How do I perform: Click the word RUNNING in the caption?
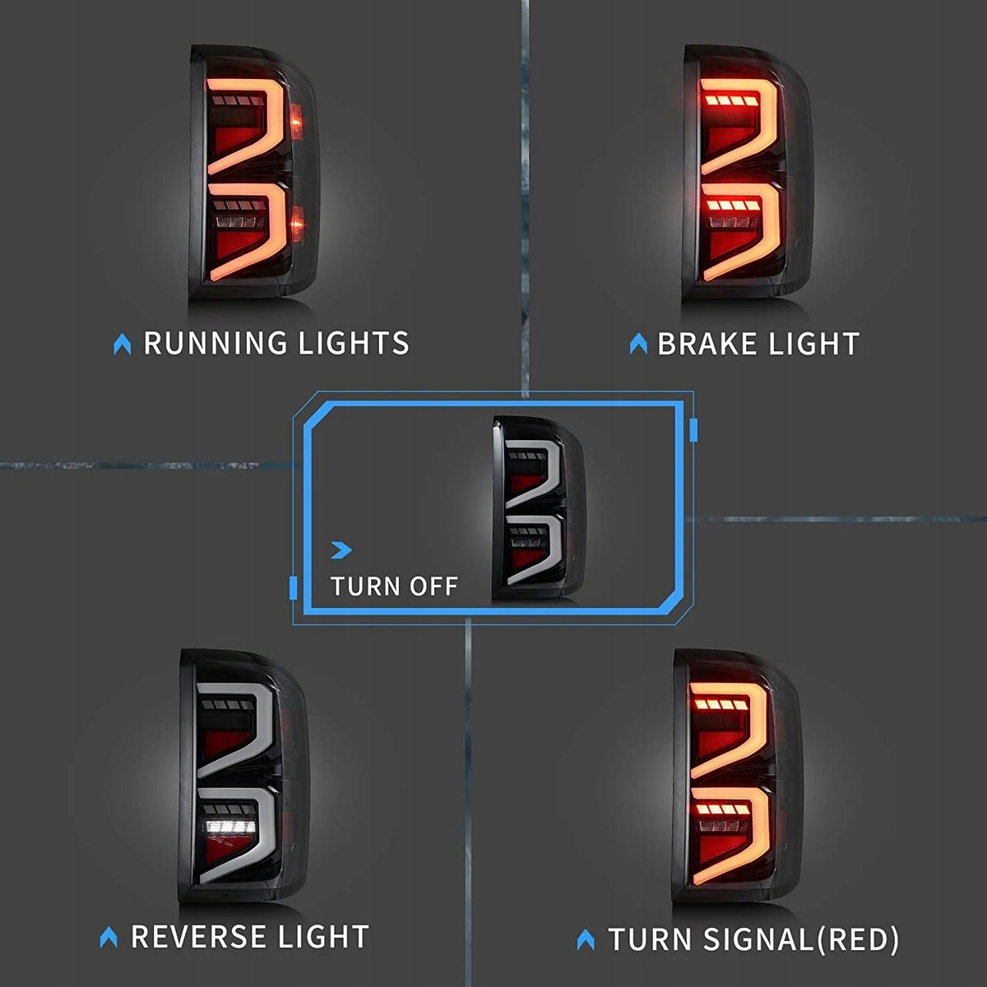[x=215, y=343]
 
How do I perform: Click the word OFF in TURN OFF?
[x=433, y=586]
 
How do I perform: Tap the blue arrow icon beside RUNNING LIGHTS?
[x=122, y=344]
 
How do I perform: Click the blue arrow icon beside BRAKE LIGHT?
[x=638, y=344]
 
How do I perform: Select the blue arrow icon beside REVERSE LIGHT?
[x=109, y=938]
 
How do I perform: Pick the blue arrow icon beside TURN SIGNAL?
[x=586, y=940]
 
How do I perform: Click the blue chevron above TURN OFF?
[x=341, y=550]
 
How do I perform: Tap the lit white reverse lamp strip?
[x=230, y=827]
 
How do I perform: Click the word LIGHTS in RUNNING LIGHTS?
[x=354, y=343]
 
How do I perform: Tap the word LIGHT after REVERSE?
[x=324, y=937]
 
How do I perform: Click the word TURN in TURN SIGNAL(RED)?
[x=650, y=939]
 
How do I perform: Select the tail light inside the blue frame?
[x=538, y=507]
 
